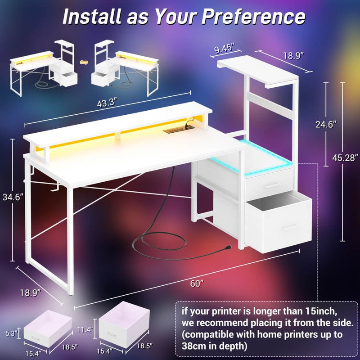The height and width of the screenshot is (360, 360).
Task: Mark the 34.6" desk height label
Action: click(10, 196)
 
